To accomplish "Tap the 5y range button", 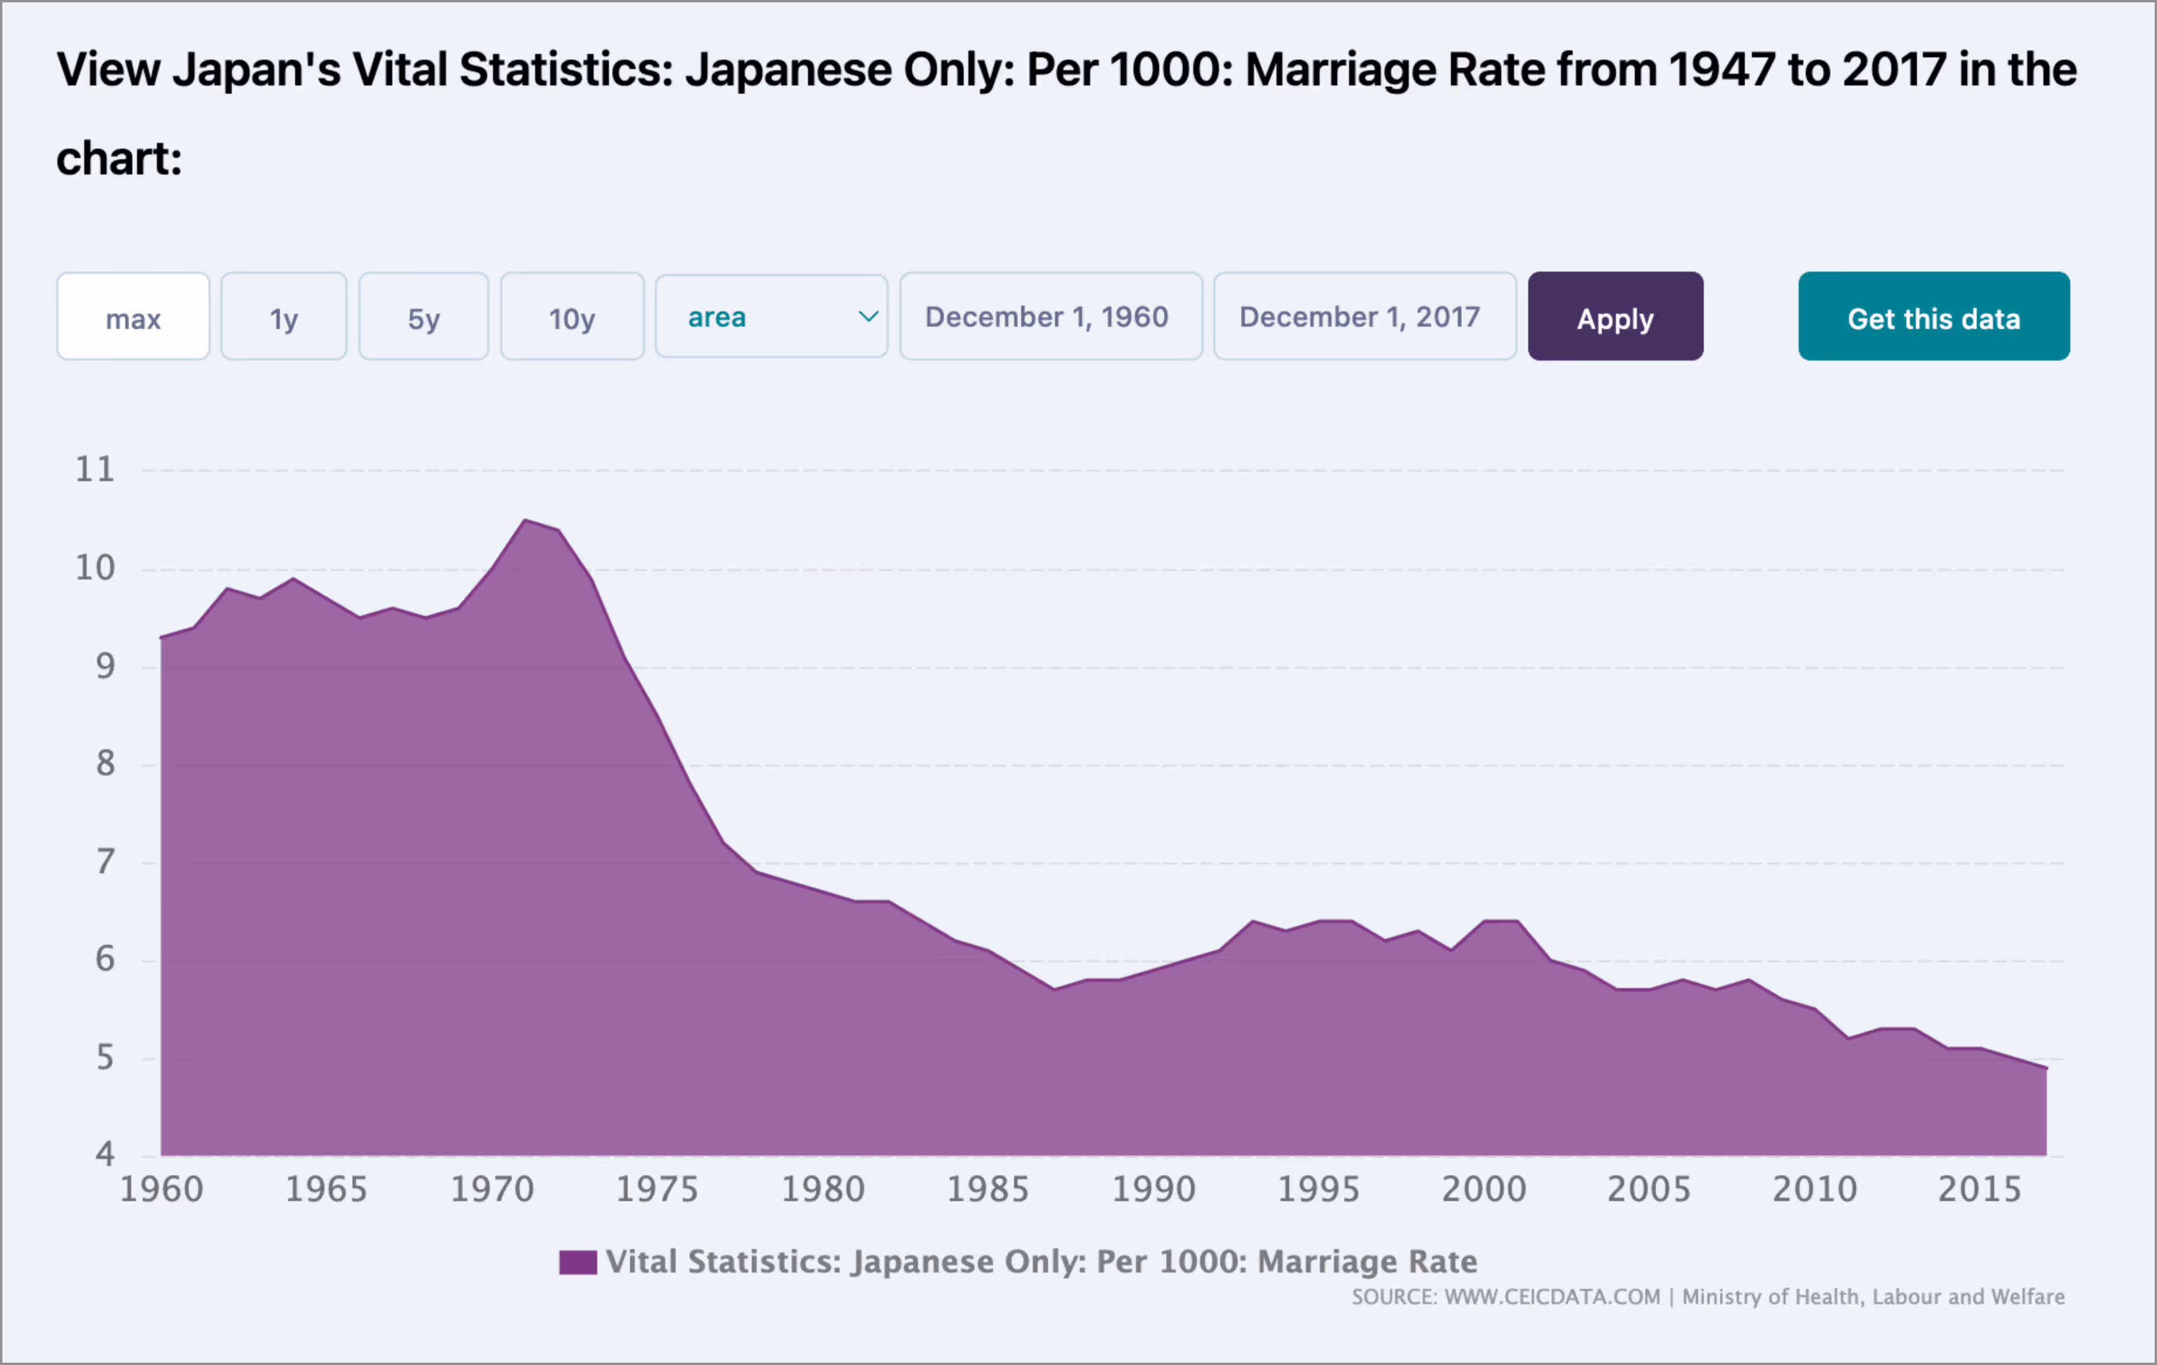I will (424, 317).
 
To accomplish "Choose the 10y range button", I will (571, 317).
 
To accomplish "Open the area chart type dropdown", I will (771, 317).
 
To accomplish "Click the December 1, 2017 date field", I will (1364, 317).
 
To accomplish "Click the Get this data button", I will (1933, 317).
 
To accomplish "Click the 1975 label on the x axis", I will (656, 1189).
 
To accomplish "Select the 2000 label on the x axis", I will (1484, 1189).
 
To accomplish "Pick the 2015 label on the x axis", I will (1980, 1189).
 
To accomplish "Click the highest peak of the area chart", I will (525, 520).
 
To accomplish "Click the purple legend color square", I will (578, 1262).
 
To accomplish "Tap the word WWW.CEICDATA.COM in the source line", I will (1552, 1297).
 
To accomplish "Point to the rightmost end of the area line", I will (2046, 1068).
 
